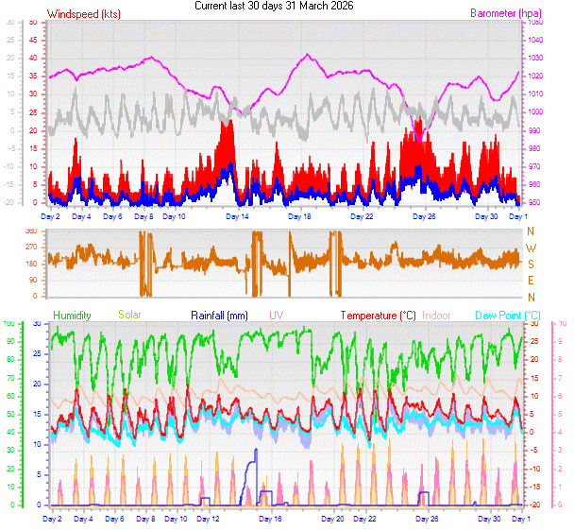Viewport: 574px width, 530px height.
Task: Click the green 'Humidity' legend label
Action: pyautogui.click(x=73, y=315)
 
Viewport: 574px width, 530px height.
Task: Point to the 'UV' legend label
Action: pyautogui.click(x=277, y=315)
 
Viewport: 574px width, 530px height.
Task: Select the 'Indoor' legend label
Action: pyautogui.click(x=438, y=315)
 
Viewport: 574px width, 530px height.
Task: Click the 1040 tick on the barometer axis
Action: pyautogui.click(x=536, y=40)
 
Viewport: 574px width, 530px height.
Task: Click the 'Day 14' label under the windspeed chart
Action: pyautogui.click(x=237, y=217)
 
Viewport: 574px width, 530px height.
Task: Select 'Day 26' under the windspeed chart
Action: pyautogui.click(x=426, y=217)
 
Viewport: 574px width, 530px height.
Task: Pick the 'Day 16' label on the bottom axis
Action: pyautogui.click(x=271, y=520)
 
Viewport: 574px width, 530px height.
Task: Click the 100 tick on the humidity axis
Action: pyautogui.click(x=9, y=324)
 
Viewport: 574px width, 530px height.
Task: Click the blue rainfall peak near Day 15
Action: pyautogui.click(x=255, y=451)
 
